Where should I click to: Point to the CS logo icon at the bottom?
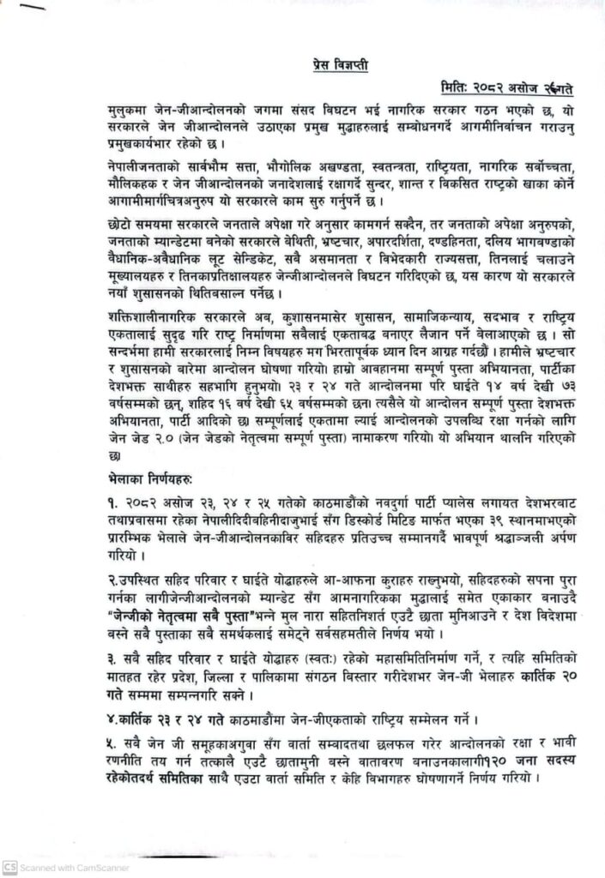pyautogui.click(x=9, y=867)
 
